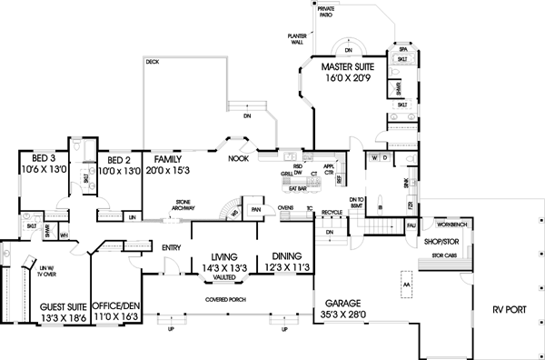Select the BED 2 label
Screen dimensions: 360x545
pyautogui.click(x=113, y=157)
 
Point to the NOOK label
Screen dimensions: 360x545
pyautogui.click(x=239, y=158)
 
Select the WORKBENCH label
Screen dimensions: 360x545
pyautogui.click(x=451, y=223)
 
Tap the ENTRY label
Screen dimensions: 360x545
pyautogui.click(x=171, y=247)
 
